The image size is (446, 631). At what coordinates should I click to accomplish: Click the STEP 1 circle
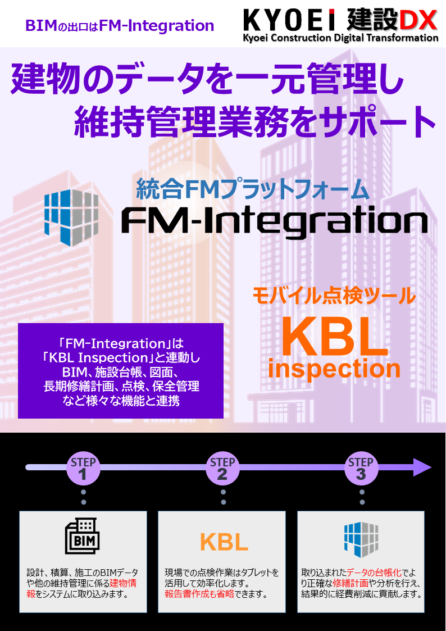(83, 469)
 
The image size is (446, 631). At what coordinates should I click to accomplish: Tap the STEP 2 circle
(222, 469)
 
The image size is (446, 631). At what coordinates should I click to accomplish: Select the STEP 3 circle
(361, 469)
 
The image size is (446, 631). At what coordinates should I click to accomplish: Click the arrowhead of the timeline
(422, 467)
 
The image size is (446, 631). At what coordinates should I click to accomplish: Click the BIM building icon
(83, 535)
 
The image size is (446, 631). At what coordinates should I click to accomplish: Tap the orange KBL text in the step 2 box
(224, 542)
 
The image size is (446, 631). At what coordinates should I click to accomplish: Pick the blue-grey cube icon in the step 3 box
(361, 539)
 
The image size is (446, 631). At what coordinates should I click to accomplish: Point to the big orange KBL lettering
(335, 335)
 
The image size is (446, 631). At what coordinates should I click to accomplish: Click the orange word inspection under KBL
(334, 369)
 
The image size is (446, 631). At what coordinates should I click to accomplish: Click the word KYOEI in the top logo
(289, 20)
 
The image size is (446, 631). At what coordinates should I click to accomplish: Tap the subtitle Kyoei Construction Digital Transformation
(340, 38)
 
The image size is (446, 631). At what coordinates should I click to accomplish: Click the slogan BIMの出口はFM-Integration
(120, 26)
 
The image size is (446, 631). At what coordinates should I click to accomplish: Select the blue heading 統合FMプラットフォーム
(253, 189)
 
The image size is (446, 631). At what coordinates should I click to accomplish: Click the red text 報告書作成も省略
(199, 594)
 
